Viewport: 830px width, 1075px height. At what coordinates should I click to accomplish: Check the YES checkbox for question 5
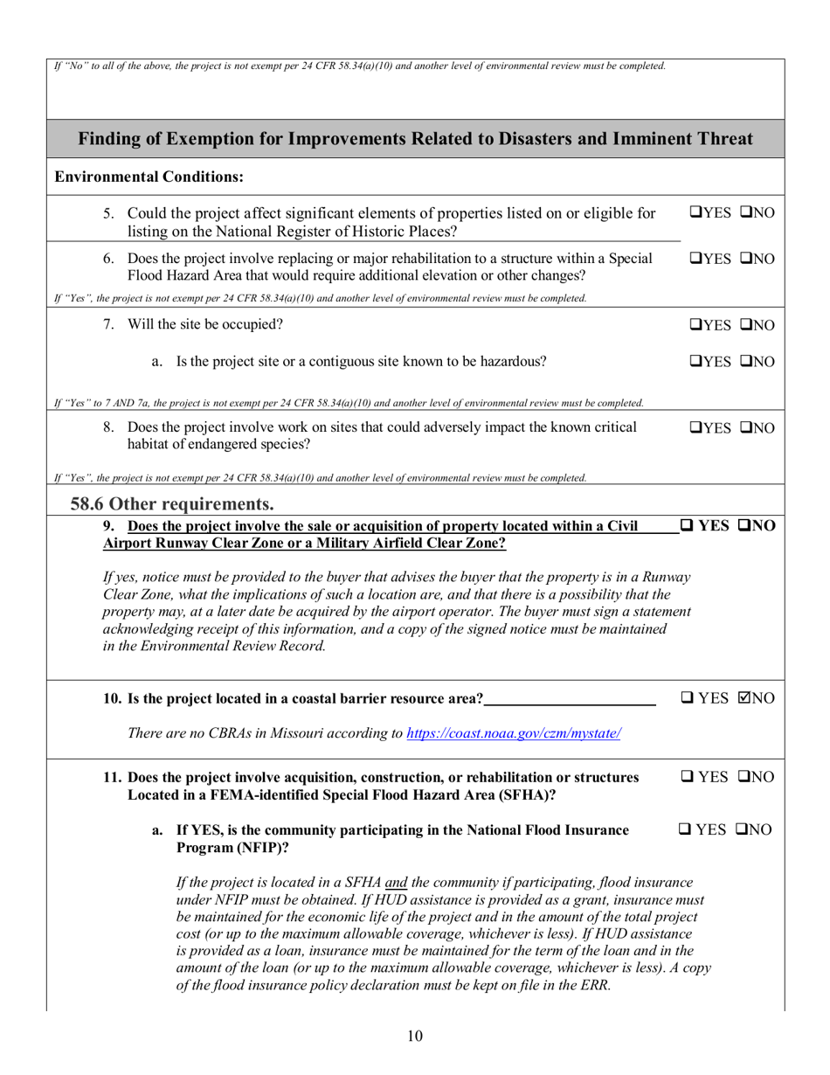click(695, 212)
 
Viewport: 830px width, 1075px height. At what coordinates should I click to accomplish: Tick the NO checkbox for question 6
click(748, 260)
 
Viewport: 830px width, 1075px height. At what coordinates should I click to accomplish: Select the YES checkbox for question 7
click(695, 326)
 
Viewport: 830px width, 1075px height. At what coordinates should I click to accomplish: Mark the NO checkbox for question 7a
click(748, 361)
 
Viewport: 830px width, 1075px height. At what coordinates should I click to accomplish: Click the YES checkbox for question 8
click(695, 428)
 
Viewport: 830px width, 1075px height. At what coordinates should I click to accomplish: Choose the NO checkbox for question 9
click(745, 526)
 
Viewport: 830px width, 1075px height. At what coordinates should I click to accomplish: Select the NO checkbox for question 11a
click(745, 829)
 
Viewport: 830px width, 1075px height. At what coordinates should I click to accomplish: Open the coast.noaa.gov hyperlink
click(514, 732)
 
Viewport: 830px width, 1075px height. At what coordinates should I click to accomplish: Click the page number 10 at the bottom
click(415, 1037)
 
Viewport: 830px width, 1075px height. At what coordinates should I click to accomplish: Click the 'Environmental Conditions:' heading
click(149, 177)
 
